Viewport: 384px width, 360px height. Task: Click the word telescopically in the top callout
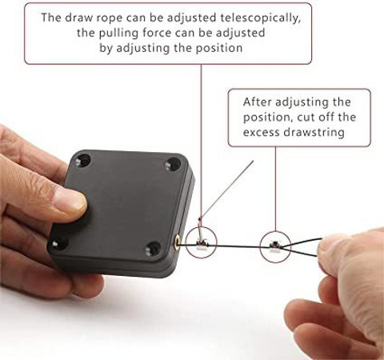click(x=261, y=18)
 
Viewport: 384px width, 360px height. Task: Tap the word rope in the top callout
click(x=110, y=18)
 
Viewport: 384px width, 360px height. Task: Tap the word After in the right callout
click(x=257, y=102)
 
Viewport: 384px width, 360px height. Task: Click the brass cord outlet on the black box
click(x=177, y=241)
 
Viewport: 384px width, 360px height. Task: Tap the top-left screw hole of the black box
click(x=83, y=160)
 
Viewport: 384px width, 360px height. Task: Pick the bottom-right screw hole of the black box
click(x=154, y=248)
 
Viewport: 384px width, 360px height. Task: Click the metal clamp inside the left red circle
click(x=202, y=244)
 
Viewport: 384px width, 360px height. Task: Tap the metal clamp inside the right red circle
click(x=274, y=246)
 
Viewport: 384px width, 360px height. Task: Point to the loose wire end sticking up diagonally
click(x=226, y=189)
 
